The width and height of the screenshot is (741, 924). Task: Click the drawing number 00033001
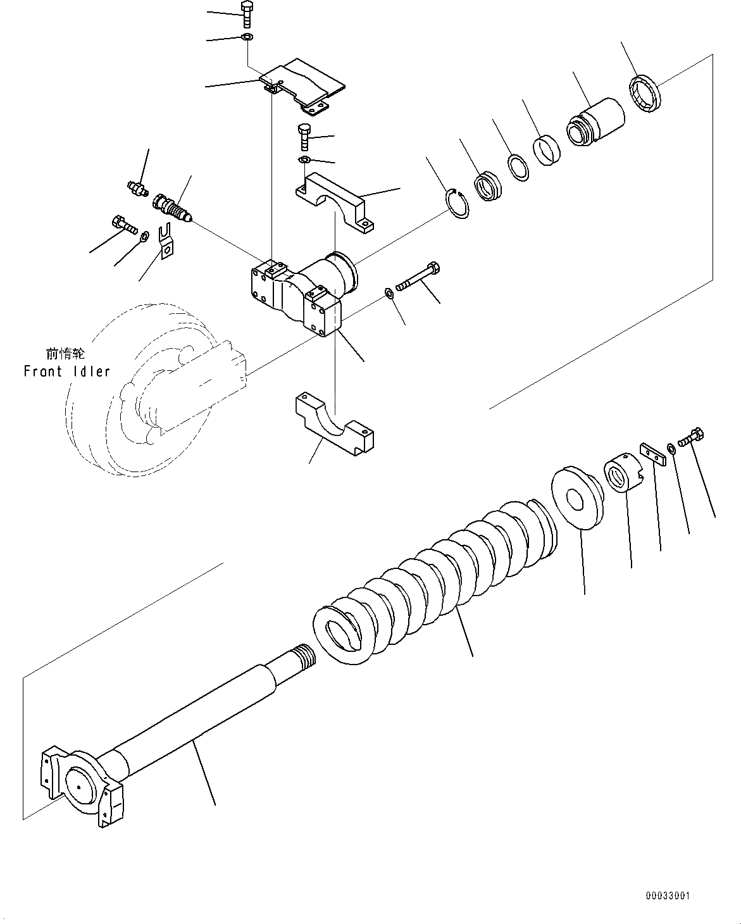(668, 896)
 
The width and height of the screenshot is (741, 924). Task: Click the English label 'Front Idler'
(66, 371)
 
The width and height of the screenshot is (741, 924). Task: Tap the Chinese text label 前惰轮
(65, 354)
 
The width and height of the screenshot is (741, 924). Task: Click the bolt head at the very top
(247, 8)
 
